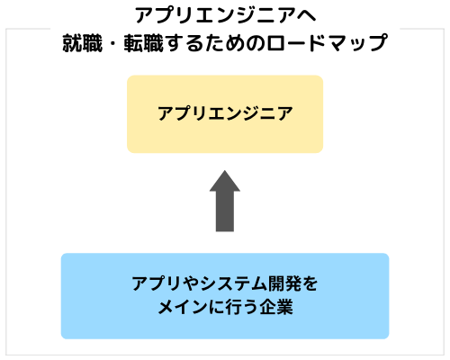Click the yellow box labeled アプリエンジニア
[225, 114]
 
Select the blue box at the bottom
[225, 296]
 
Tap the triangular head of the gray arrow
[225, 181]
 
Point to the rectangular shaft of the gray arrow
[225, 211]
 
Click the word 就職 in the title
[83, 43]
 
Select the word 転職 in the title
[144, 43]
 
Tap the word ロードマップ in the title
[327, 43]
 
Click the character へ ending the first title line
[307, 15]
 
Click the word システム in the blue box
[234, 283]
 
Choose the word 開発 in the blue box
[284, 283]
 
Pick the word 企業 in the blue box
[276, 307]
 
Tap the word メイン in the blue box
[182, 308]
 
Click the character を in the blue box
[310, 283]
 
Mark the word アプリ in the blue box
[157, 283]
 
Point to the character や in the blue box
[192, 283]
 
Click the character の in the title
[256, 43]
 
